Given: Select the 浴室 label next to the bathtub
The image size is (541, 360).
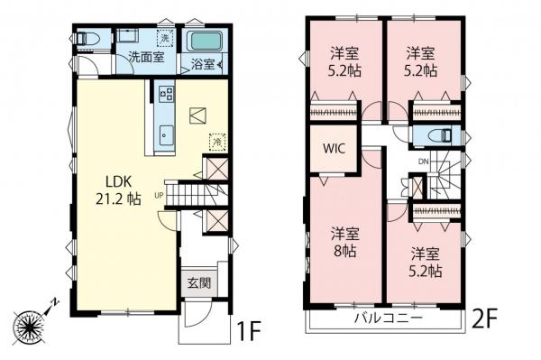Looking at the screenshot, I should click(x=201, y=64).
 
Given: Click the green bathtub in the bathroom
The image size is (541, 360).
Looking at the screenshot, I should click(x=204, y=42).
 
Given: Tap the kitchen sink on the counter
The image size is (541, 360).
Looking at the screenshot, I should click(x=166, y=134).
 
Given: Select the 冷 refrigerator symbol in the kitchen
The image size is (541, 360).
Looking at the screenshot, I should click(x=216, y=141).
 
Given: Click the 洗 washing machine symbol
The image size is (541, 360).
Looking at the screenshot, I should click(x=163, y=39).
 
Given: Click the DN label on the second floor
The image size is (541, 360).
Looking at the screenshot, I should click(x=423, y=162).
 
